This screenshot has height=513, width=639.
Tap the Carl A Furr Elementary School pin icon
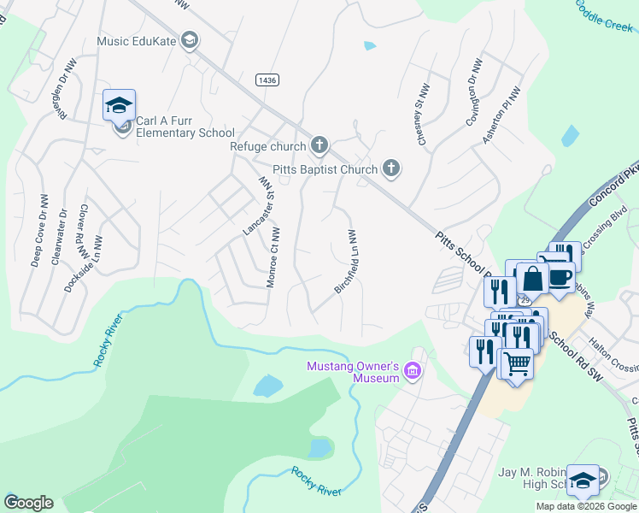click(x=120, y=106)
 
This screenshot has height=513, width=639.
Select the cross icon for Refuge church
click(x=319, y=145)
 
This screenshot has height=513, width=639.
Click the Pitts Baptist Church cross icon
click(x=391, y=168)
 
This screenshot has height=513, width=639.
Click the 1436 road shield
click(x=267, y=80)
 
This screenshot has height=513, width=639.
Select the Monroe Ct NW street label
click(x=273, y=257)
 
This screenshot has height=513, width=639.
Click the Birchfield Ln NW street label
click(x=345, y=262)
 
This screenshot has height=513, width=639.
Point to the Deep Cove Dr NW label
click(x=38, y=234)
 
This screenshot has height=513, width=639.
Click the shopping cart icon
click(x=518, y=363)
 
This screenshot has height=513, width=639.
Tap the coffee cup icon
click(x=560, y=278)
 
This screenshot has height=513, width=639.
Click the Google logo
click(x=29, y=503)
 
